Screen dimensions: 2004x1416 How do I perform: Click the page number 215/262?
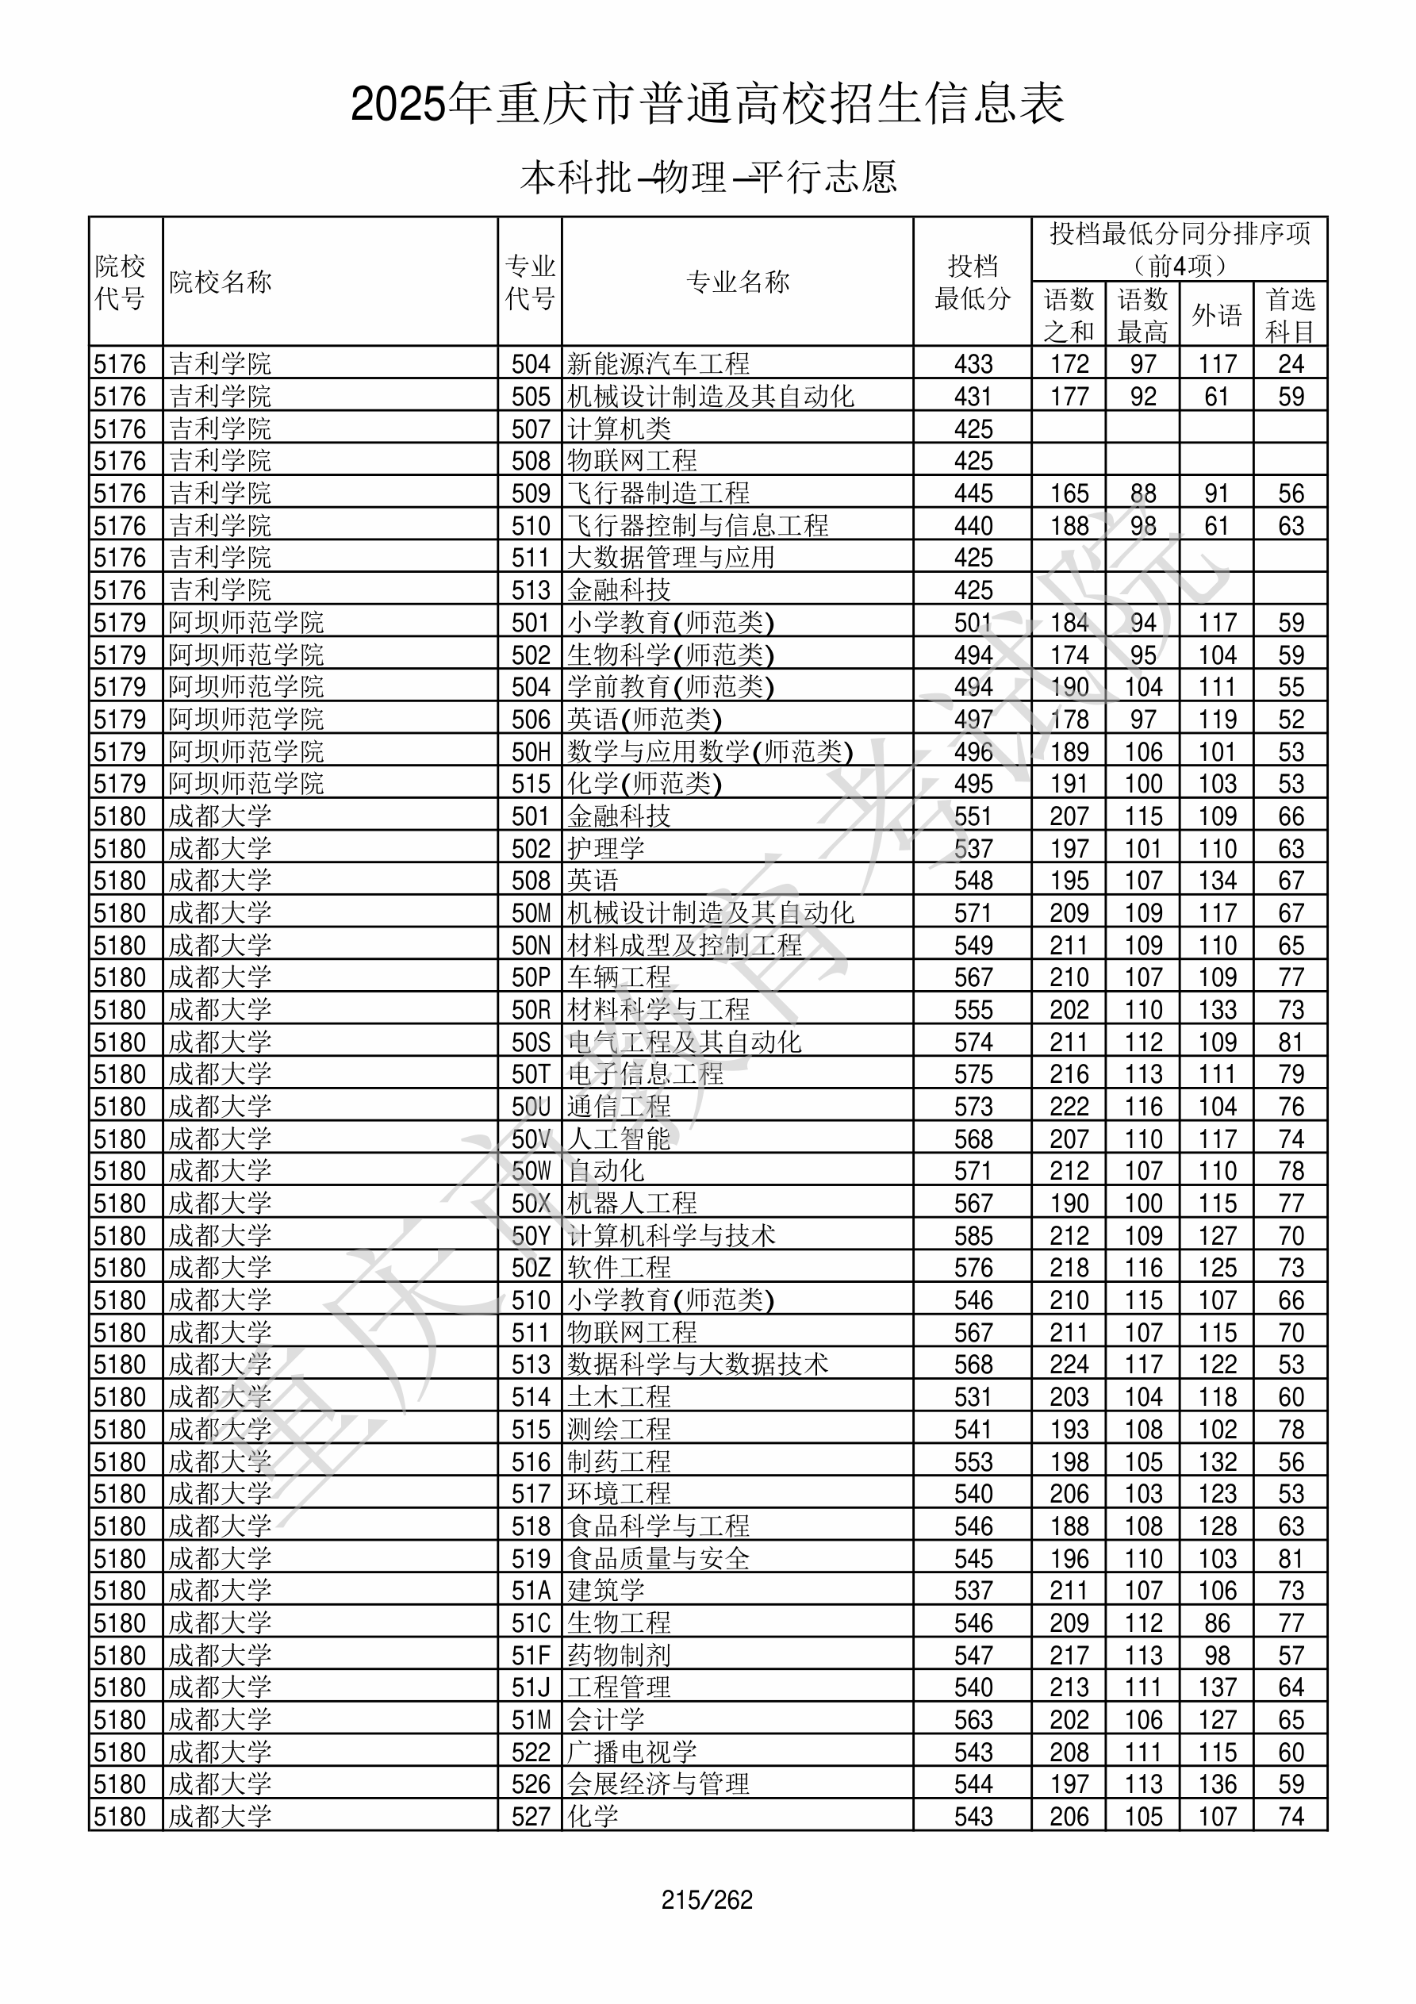[x=706, y=1900]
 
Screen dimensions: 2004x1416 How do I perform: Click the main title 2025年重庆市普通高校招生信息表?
[x=707, y=104]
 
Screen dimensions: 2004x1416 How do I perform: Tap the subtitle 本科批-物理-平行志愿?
[x=708, y=177]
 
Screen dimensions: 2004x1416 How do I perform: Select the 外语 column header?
[x=1216, y=314]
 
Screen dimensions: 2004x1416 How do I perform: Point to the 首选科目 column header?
[x=1291, y=314]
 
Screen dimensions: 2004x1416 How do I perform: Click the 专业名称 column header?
[x=738, y=281]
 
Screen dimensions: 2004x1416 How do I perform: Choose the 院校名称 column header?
[x=221, y=281]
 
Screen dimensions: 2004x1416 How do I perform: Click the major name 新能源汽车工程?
[x=658, y=363]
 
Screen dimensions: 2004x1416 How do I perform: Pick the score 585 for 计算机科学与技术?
[x=973, y=1235]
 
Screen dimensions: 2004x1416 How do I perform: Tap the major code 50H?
[x=531, y=751]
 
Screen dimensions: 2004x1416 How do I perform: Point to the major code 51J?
[x=531, y=1687]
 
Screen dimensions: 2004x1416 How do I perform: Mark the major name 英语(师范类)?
[x=644, y=720]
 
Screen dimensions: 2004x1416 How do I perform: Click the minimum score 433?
[x=973, y=363]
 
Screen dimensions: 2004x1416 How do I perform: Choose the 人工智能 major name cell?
[x=619, y=1138]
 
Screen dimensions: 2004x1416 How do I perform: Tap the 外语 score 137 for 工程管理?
[x=1216, y=1687]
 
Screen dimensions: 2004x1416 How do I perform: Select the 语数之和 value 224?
[x=1069, y=1365]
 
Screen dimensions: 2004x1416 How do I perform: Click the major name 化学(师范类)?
[x=644, y=783]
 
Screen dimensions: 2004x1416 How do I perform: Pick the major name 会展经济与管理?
[x=658, y=1784]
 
